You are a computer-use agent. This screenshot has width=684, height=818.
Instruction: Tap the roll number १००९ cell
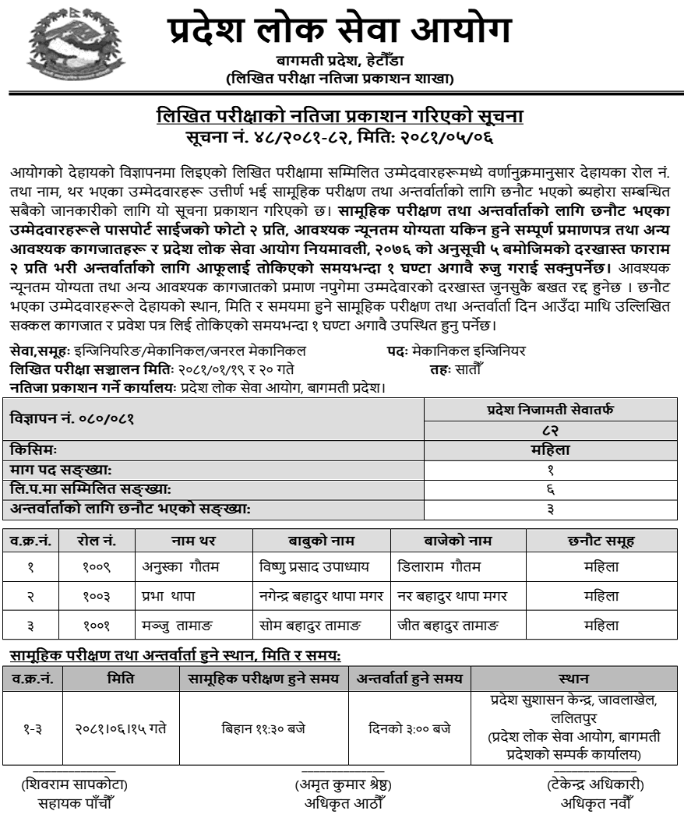point(97,567)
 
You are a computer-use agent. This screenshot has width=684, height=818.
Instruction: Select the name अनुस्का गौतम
point(180,567)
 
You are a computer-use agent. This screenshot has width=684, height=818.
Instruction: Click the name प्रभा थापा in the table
point(168,596)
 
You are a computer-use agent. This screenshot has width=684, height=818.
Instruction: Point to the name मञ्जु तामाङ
point(178,625)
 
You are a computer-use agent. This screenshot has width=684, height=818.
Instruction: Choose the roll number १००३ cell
point(97,596)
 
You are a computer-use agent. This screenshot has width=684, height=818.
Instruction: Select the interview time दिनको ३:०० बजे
point(409,729)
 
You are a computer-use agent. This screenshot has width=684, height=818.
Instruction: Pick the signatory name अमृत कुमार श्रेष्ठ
point(342,785)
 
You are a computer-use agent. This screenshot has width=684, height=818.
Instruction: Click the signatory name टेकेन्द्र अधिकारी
point(595,785)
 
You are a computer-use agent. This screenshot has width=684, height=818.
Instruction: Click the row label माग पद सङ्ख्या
point(62,471)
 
